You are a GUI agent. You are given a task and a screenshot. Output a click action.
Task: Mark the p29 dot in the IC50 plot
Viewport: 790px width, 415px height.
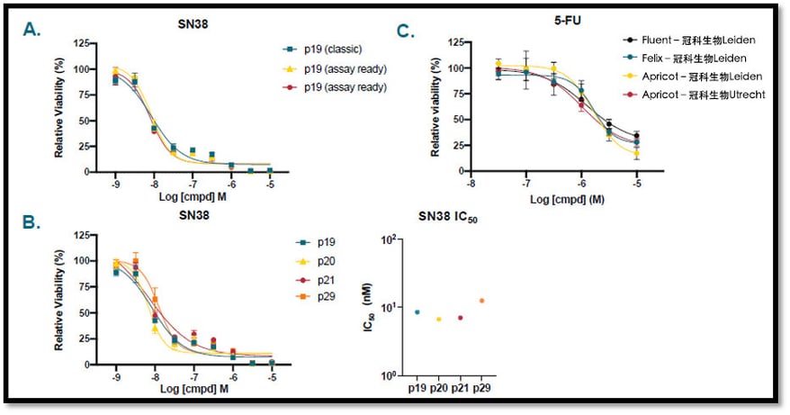[x=482, y=301]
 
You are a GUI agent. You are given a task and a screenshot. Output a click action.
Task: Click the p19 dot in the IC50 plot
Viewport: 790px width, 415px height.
[x=417, y=312]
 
